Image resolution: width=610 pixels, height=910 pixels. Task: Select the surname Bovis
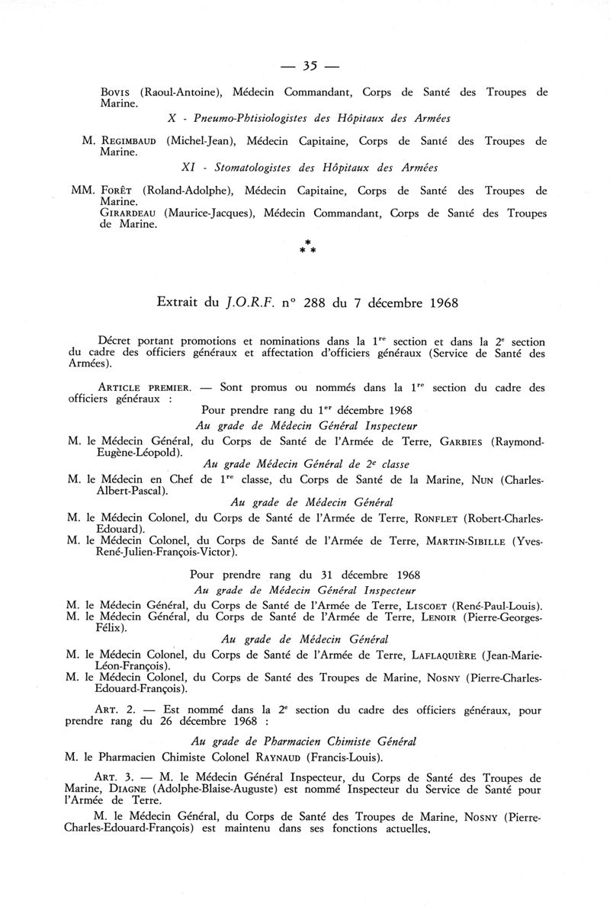[x=117, y=92]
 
